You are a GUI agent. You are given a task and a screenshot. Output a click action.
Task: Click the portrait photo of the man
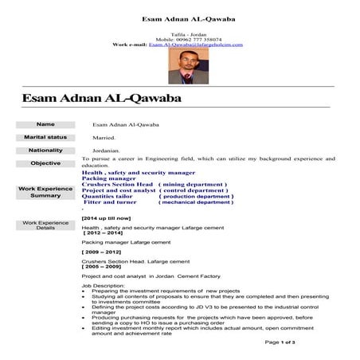179,66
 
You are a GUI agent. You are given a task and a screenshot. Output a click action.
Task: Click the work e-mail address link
195,45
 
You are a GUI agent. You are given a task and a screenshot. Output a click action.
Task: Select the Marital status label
45,137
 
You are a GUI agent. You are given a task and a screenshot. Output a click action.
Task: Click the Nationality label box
45,150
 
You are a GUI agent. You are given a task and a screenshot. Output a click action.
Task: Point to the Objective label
45,163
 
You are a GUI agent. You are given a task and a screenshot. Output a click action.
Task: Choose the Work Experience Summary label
45,192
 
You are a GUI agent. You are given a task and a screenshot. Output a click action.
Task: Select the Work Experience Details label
45,224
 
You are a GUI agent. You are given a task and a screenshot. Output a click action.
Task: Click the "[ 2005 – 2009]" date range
103,267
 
